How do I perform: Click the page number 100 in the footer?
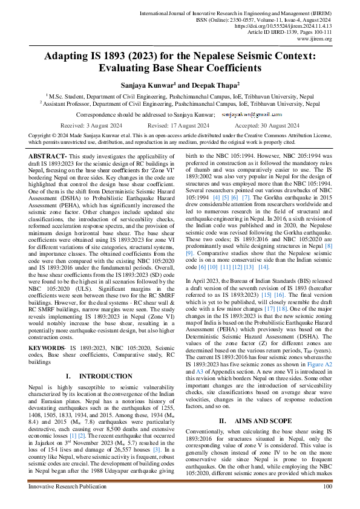(327, 486)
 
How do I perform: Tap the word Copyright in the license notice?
(40, 135)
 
